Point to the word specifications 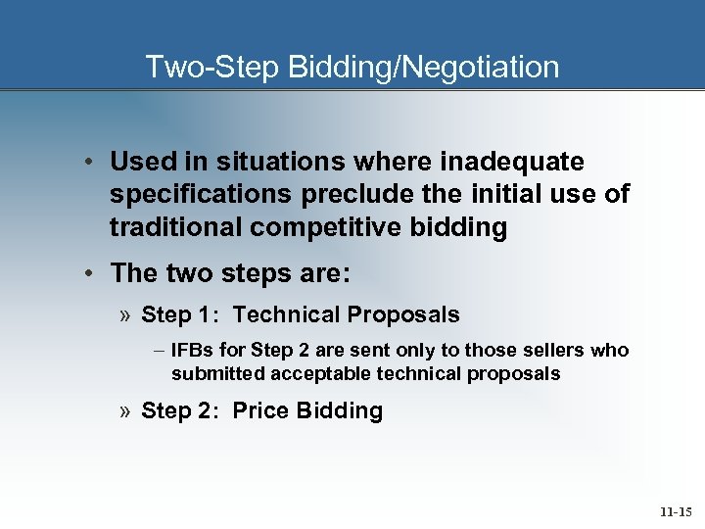tap(200, 194)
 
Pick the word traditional tap(175, 227)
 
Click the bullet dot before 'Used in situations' tap(89, 161)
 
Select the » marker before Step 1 tap(127, 314)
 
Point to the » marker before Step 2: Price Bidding tap(127, 410)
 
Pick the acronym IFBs tap(191, 351)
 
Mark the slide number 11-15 tap(677, 511)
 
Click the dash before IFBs tap(159, 351)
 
